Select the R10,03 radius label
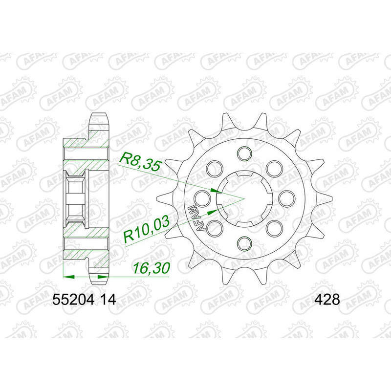pyautogui.click(x=147, y=228)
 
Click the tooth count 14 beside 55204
pyautogui.click(x=108, y=300)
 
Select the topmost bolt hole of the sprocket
pyautogui.click(x=243, y=153)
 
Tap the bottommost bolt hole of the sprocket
pyautogui.click(x=243, y=243)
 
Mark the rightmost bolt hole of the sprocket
pyautogui.click(x=288, y=198)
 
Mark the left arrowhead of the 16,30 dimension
pyautogui.click(x=68, y=276)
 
